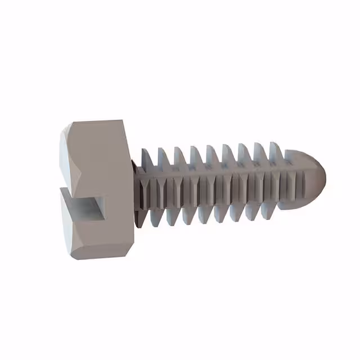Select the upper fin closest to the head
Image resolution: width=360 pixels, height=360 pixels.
(147, 159)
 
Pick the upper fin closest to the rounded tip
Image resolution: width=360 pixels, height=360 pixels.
(275, 152)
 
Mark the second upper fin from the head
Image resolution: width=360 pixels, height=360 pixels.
(164, 158)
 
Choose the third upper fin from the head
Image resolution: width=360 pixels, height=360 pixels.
(180, 157)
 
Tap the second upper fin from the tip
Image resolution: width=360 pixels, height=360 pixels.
(259, 153)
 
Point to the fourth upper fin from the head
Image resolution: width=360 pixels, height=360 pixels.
(196, 156)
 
